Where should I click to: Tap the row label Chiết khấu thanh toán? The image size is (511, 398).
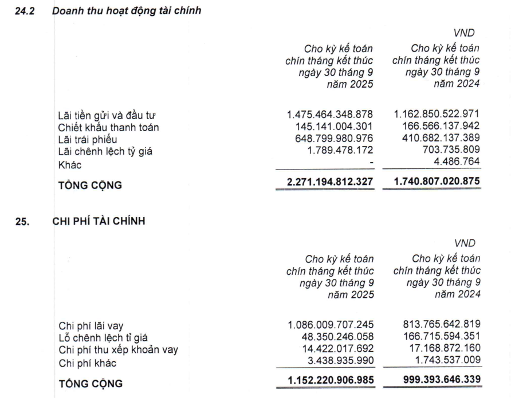pos(108,127)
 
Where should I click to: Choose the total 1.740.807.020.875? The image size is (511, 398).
pos(436,183)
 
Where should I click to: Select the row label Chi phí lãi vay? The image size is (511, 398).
pos(87,326)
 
